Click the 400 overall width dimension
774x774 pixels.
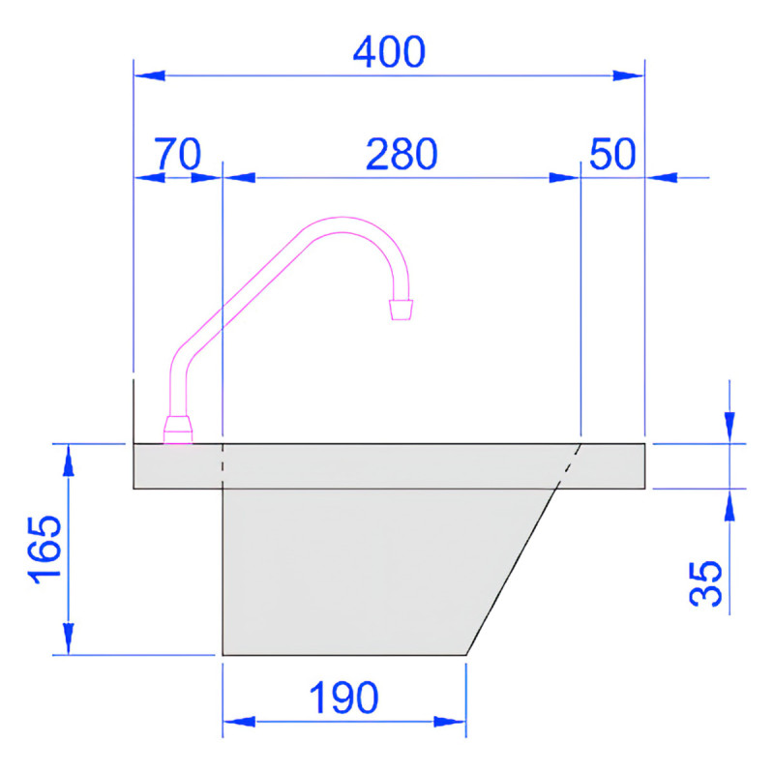coord(388,52)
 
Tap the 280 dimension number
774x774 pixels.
coord(402,154)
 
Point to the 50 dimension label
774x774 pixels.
coord(610,154)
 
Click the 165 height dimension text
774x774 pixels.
coord(45,549)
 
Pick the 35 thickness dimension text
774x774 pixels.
coord(708,581)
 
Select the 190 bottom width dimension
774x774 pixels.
coord(343,697)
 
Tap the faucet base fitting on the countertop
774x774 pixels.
coord(178,430)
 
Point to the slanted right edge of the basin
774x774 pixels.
coord(513,571)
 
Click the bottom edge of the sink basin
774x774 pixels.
coord(343,655)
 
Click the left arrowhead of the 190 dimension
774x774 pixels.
coord(238,721)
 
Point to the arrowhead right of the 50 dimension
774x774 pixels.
coord(662,177)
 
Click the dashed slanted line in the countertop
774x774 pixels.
coord(570,465)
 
